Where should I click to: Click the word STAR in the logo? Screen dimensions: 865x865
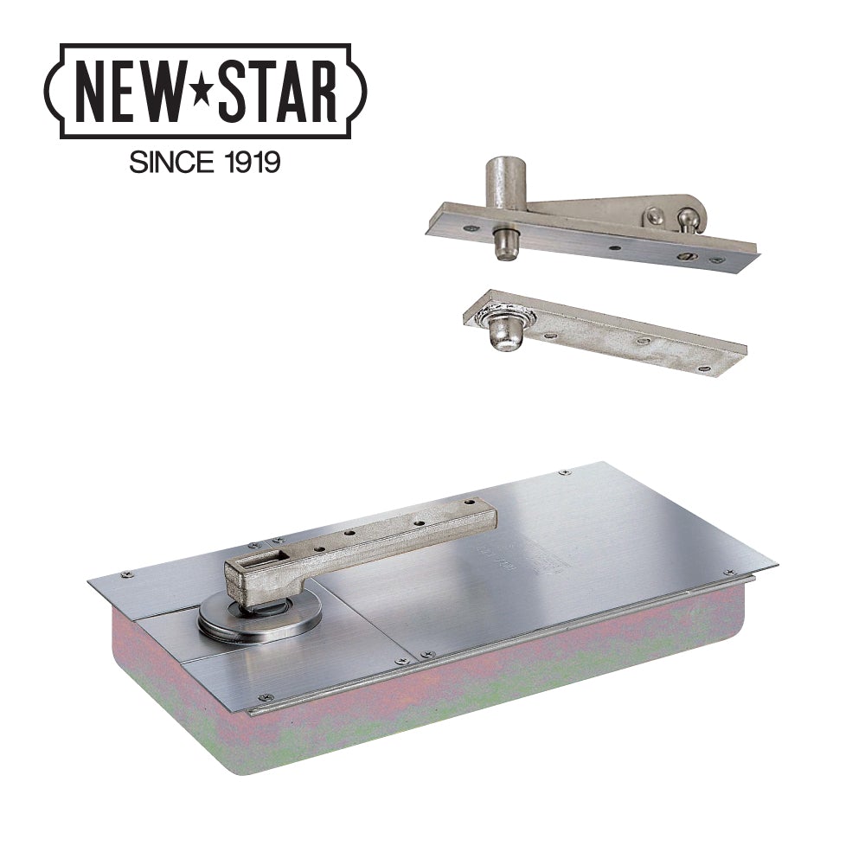click(275, 93)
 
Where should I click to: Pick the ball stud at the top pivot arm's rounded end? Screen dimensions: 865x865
click(686, 218)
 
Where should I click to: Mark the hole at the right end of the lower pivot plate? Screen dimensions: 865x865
click(702, 368)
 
